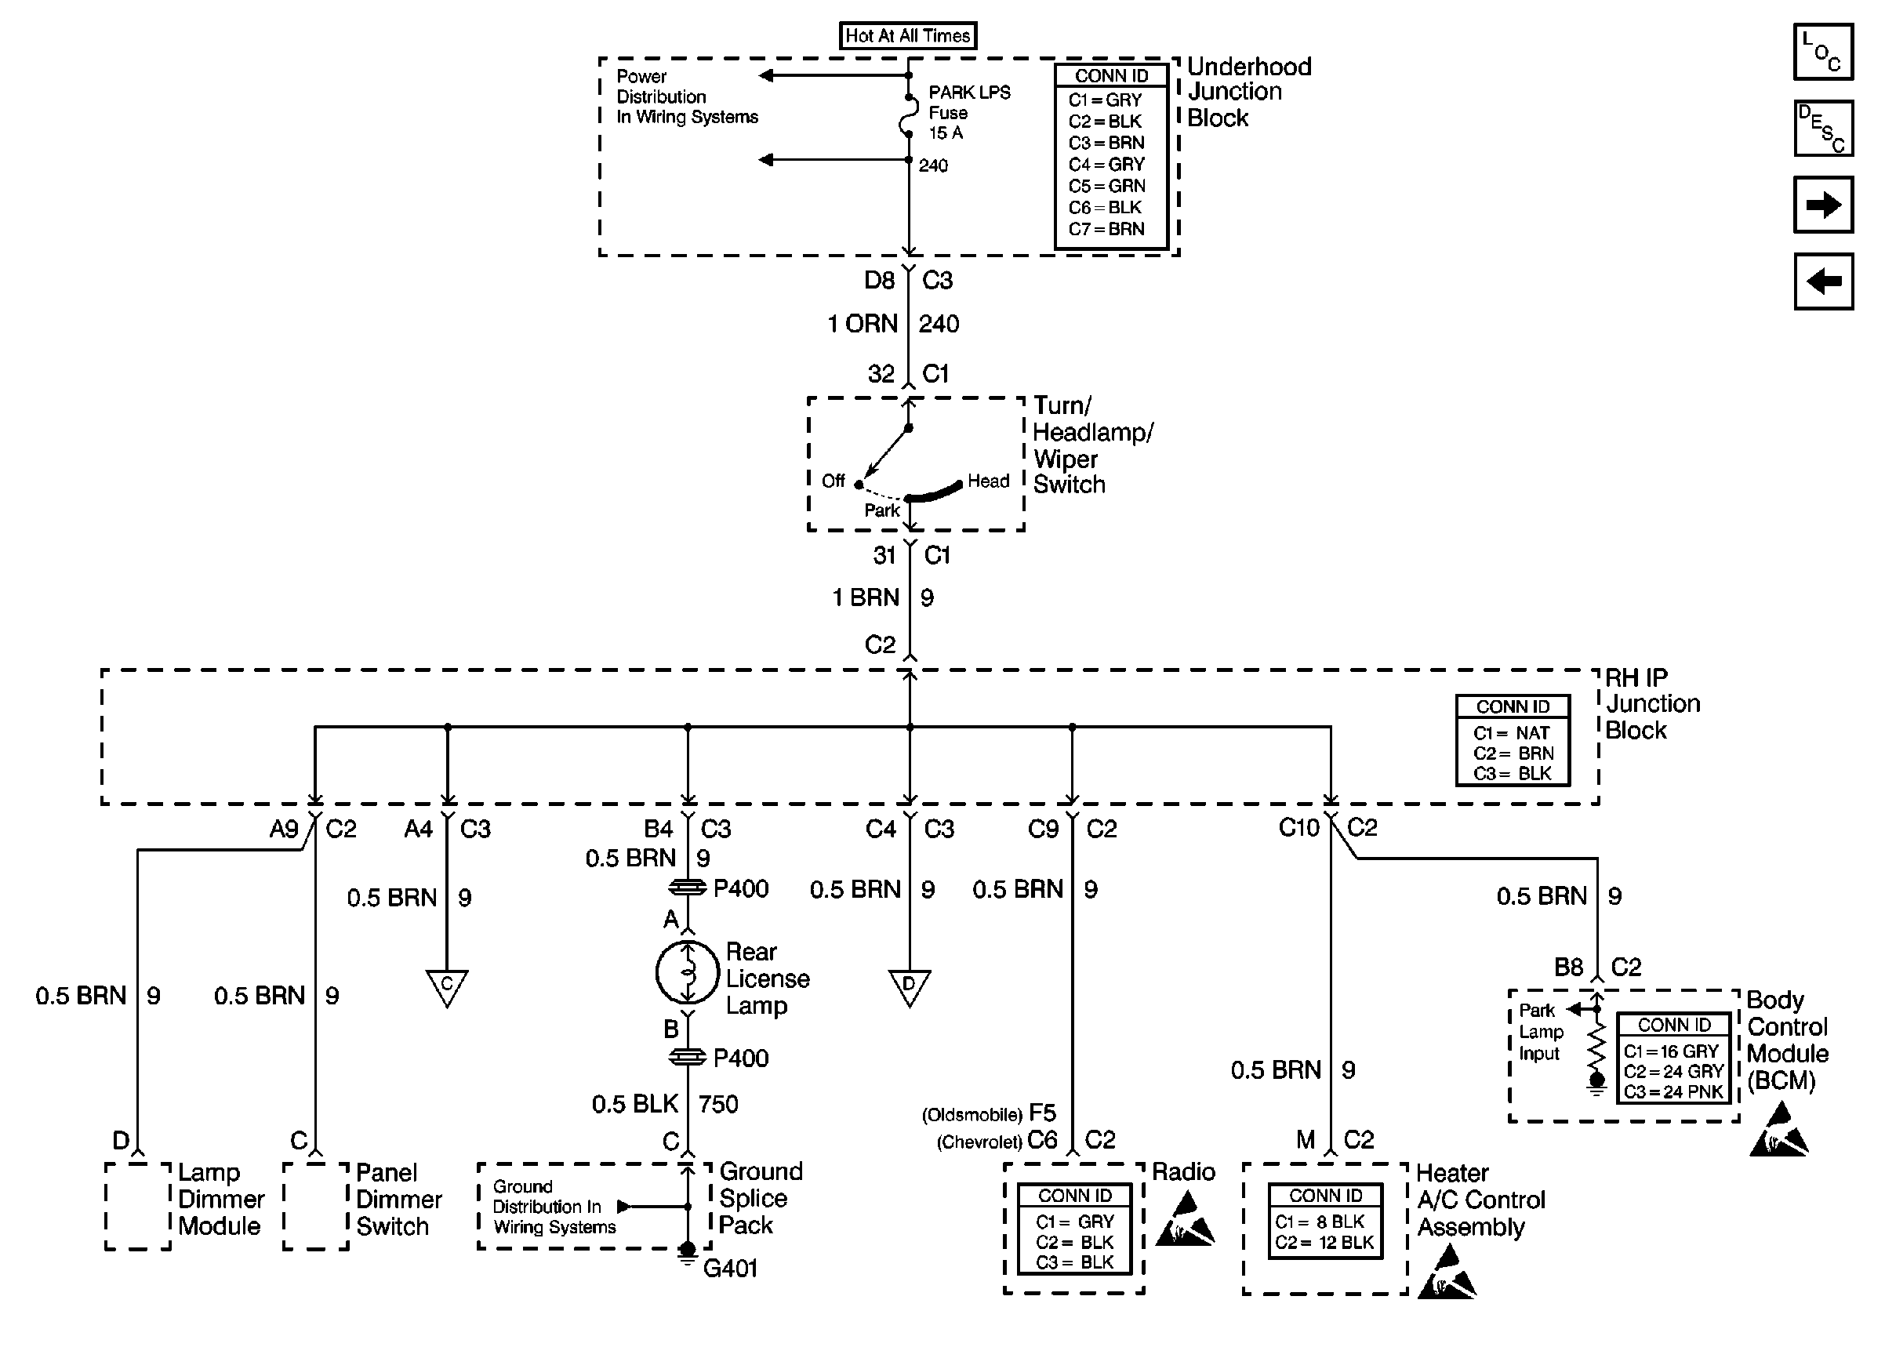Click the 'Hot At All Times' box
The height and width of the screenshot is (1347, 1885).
point(907,35)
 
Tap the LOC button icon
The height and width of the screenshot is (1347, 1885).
point(1823,52)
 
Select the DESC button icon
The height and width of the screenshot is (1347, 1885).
point(1823,129)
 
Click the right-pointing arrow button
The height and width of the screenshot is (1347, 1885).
point(1823,205)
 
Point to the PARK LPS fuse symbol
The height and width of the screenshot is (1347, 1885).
point(909,115)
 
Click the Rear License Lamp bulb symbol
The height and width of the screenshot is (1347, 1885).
point(687,972)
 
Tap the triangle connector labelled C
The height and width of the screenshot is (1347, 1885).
point(447,988)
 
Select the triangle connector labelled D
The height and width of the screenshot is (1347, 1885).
point(909,988)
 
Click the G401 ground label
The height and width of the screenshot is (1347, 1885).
point(730,1269)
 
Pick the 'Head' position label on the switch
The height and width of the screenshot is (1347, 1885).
point(988,481)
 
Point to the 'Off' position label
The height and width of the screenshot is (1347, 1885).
point(833,481)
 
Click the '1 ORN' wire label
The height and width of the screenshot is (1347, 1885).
point(863,324)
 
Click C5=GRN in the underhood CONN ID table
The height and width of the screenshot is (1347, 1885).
point(1106,186)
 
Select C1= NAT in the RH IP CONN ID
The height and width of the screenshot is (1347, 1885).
point(1511,733)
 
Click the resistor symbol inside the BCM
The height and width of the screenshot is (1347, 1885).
point(1596,1050)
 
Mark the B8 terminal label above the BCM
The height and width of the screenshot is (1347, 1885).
point(1568,967)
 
